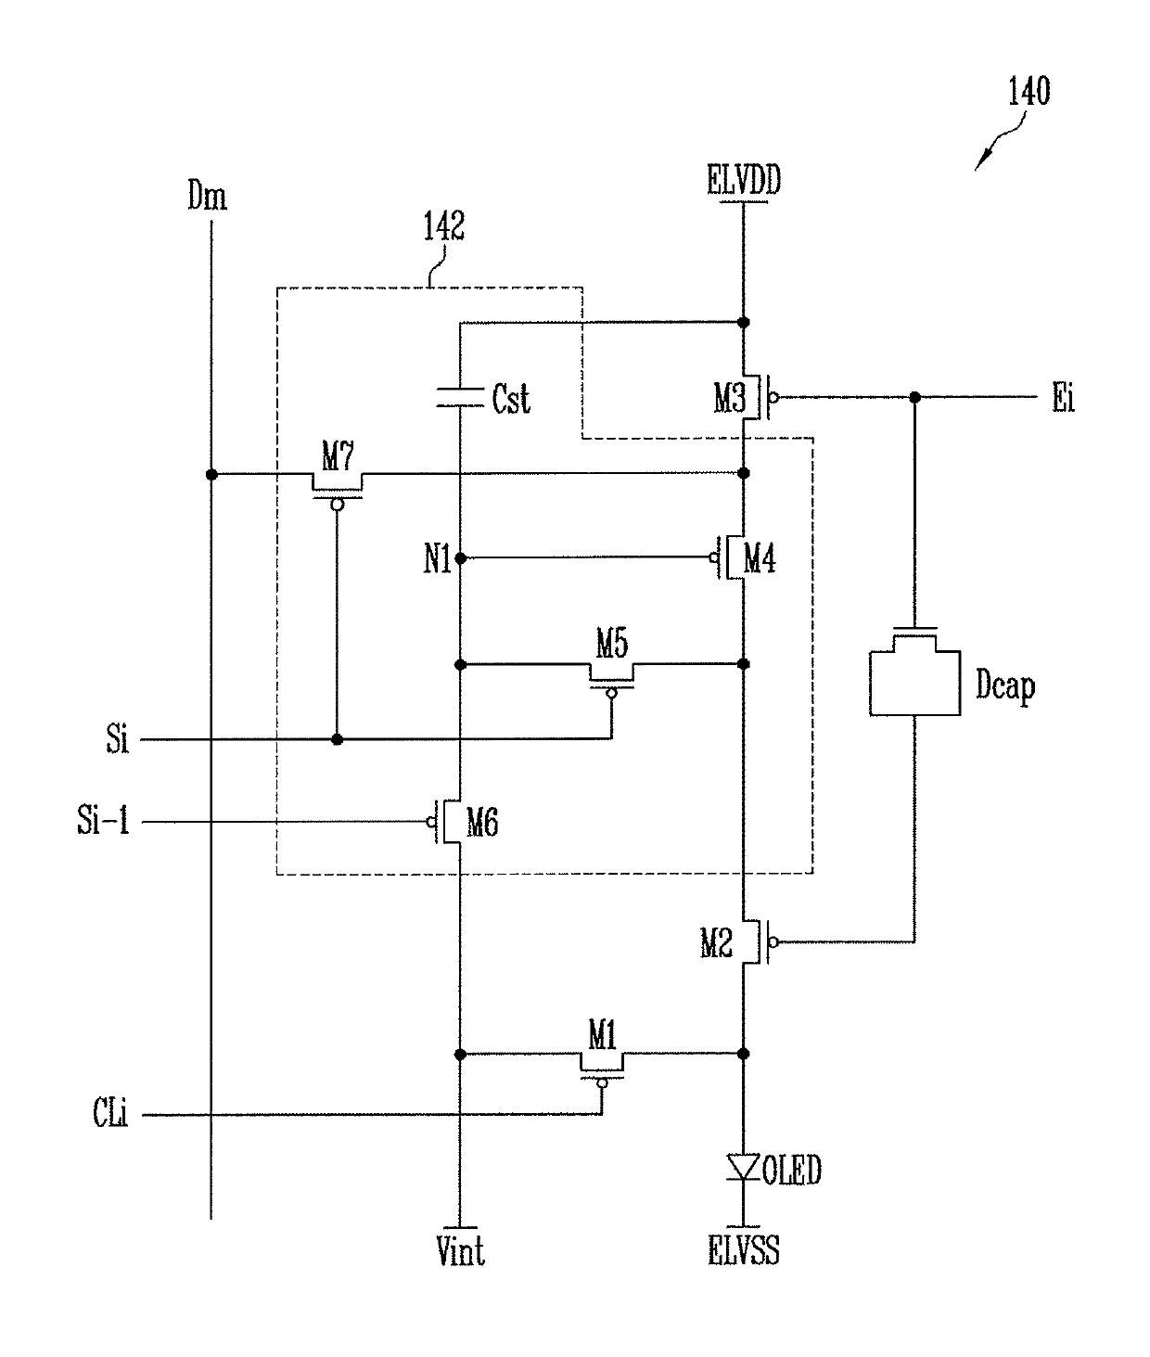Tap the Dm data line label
pyautogui.click(x=208, y=196)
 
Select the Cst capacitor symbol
pyautogui.click(x=459, y=397)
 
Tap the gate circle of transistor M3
pyautogui.click(x=774, y=397)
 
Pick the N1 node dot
pyautogui.click(x=460, y=558)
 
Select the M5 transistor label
pyautogui.click(x=612, y=643)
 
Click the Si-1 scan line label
pyautogui.click(x=103, y=820)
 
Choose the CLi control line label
pyautogui.click(x=110, y=1113)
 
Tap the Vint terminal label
pyautogui.click(x=460, y=1250)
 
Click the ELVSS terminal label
pyautogui.click(x=744, y=1250)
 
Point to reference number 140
pyautogui.click(x=1029, y=91)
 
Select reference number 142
pyautogui.click(x=443, y=226)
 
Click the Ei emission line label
pyautogui.click(x=1064, y=398)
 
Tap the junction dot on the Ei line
pyautogui.click(x=915, y=397)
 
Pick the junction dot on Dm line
pyautogui.click(x=211, y=474)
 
